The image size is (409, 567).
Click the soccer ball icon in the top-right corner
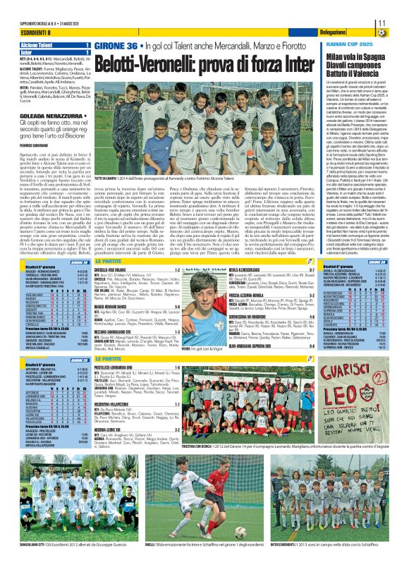pos(401,32)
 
